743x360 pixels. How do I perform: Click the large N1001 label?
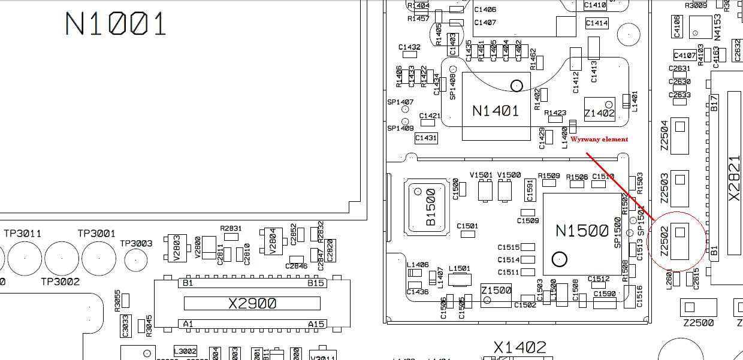click(x=115, y=25)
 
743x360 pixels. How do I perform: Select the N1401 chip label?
click(x=496, y=111)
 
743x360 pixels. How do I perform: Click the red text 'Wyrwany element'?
click(x=599, y=139)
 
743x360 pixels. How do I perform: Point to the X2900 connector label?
click(x=252, y=304)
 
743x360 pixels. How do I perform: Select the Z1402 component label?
click(x=599, y=113)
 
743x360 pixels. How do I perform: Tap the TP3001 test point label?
click(x=96, y=234)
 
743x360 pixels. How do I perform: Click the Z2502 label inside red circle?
click(x=664, y=243)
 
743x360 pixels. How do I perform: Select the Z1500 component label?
click(x=496, y=291)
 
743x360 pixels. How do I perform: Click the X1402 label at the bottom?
click(x=520, y=347)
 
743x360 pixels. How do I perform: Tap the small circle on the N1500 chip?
click(x=560, y=259)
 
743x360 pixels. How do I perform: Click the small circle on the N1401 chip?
click(x=517, y=86)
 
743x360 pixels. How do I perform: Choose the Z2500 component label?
click(x=699, y=323)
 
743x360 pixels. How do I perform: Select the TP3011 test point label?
click(x=23, y=234)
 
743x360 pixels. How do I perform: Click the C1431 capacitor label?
click(x=426, y=138)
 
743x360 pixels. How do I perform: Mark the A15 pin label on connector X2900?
click(x=316, y=324)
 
